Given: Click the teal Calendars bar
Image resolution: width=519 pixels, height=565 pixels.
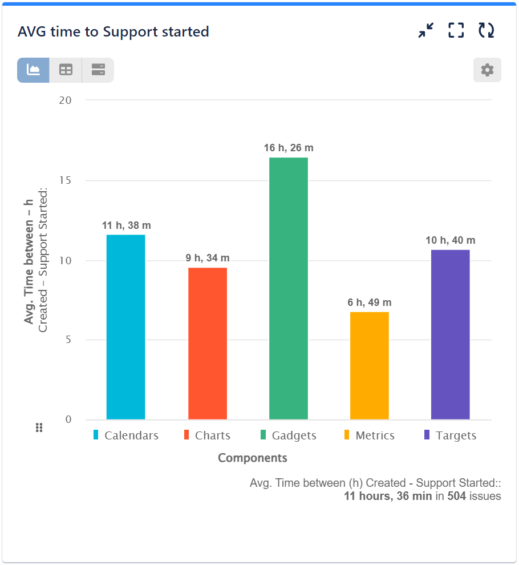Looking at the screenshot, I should [x=125, y=326].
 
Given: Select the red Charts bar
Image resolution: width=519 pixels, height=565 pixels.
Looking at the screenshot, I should [x=208, y=343].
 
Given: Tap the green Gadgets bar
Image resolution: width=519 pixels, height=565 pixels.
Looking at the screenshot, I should [x=289, y=288].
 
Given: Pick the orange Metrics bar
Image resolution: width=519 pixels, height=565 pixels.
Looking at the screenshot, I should [x=370, y=365].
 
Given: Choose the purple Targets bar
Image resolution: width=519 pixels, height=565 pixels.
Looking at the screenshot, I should [x=451, y=334].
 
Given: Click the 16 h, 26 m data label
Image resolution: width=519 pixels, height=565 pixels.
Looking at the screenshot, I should [x=289, y=148].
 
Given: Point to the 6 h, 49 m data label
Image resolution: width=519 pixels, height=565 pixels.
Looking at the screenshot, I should [x=370, y=302].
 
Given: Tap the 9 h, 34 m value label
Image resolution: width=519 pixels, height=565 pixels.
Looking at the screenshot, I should [x=208, y=258].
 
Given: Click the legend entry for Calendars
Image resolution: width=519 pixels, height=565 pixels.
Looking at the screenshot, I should [x=126, y=435].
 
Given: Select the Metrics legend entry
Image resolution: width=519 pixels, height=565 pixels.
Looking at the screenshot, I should [x=369, y=435].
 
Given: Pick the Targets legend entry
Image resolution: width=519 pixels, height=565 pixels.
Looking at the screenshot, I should [x=450, y=435].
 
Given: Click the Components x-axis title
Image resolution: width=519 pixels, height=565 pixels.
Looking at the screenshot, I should [x=253, y=458].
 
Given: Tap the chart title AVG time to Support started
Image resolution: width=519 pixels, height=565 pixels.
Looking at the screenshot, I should [x=113, y=32].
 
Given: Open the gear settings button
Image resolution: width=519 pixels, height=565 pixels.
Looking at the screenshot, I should [x=487, y=70].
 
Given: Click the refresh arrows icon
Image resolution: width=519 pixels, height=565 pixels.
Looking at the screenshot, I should [x=486, y=30].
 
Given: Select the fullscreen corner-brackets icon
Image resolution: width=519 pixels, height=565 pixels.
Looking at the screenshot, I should [x=456, y=30].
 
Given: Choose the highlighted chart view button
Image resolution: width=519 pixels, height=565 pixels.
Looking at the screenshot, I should [x=33, y=70].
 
